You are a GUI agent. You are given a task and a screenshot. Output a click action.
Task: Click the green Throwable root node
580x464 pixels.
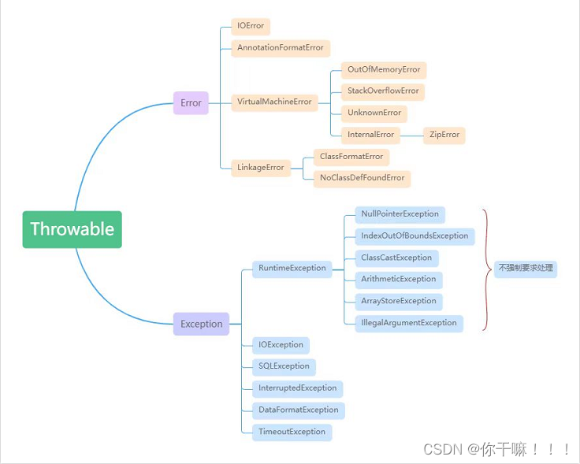(72, 229)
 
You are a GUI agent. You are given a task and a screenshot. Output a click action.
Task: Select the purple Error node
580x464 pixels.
(191, 102)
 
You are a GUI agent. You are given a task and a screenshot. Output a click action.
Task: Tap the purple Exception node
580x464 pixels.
(201, 324)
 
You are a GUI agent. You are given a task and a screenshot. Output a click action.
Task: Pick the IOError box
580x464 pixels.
(251, 26)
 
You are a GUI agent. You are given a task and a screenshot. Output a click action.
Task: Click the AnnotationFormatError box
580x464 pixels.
(281, 48)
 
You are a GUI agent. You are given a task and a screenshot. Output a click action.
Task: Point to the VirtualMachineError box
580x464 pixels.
(274, 102)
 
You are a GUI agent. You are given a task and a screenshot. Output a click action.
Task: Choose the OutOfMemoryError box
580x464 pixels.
(384, 70)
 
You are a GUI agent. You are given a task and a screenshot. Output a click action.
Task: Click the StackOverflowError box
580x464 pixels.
(383, 91)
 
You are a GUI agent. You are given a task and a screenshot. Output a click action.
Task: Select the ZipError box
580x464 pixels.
(444, 135)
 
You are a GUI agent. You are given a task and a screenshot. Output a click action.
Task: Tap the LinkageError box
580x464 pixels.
(261, 167)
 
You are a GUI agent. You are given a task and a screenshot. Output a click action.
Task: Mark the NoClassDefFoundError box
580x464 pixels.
(362, 178)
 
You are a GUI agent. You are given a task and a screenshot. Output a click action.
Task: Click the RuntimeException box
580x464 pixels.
(292, 268)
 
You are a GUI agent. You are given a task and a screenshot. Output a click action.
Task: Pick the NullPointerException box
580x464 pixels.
(400, 214)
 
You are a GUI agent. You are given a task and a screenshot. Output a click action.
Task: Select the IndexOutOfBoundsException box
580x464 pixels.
(415, 236)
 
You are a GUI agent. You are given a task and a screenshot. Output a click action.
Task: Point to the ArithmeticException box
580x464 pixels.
(398, 279)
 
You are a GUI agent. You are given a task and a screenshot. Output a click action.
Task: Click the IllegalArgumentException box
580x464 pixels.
(408, 323)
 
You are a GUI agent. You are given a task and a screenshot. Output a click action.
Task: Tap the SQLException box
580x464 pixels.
(284, 366)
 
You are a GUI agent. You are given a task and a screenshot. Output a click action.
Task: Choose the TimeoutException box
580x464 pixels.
(292, 432)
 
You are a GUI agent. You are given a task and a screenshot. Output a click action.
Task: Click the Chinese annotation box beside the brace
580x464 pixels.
(526, 268)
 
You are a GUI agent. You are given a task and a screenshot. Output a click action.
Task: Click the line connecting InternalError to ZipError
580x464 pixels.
(411, 135)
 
